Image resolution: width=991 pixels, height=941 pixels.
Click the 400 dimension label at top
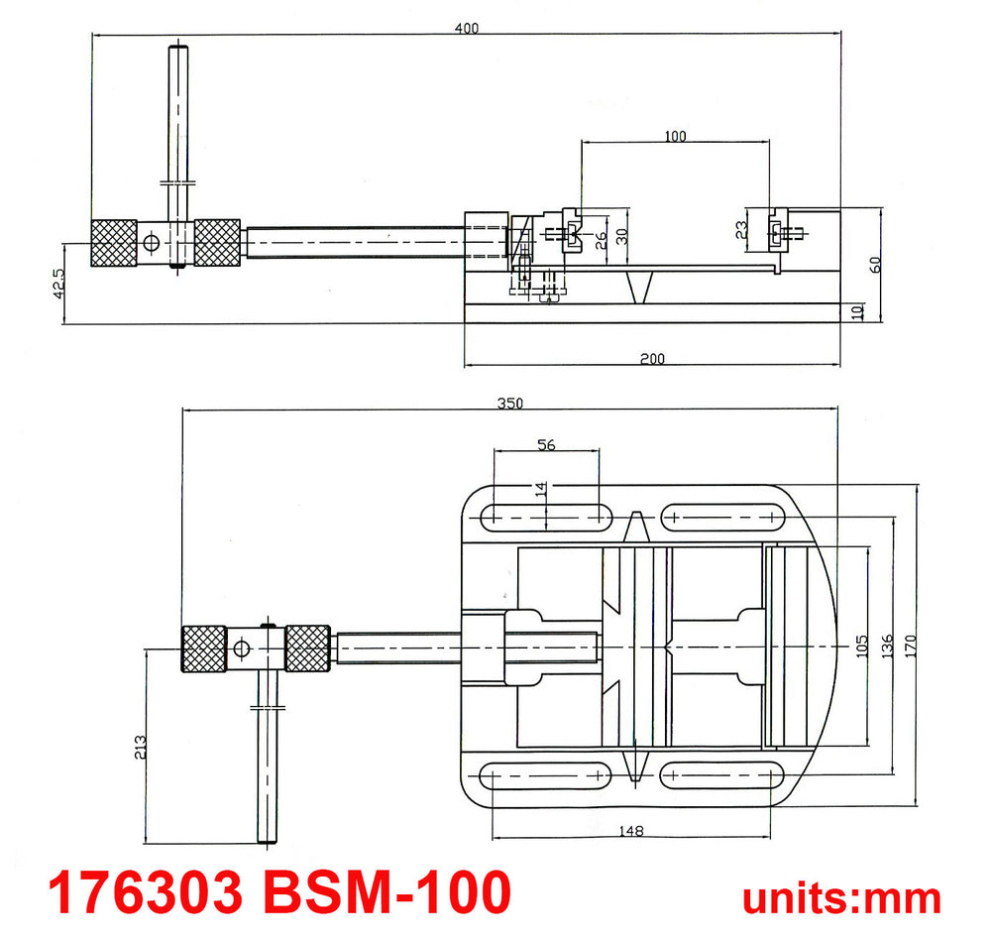[x=467, y=28]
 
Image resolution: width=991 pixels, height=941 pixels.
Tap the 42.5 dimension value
[x=58, y=284]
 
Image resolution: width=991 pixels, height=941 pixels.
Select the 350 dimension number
[x=510, y=404]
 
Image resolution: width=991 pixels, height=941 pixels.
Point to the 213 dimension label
[x=141, y=747]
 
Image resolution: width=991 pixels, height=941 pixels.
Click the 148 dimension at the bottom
[x=630, y=830]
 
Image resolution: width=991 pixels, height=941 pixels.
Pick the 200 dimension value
[x=652, y=359]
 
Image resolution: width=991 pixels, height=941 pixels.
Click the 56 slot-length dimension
[x=546, y=444]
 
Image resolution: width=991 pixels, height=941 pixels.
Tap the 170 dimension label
[x=910, y=646]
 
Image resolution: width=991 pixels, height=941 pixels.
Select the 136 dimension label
[x=887, y=646]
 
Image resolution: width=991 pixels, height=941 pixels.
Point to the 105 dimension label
[x=862, y=646]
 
